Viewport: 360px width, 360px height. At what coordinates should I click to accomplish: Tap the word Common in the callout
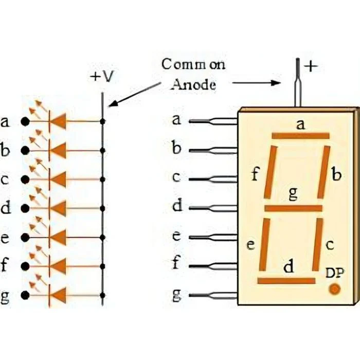coord(193,65)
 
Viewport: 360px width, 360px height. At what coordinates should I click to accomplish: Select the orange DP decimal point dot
coord(334,289)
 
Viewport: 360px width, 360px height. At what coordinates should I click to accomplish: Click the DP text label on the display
coord(335,273)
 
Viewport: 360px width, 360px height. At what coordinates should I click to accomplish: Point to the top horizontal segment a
coord(301,136)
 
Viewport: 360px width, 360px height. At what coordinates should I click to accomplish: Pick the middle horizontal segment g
coord(293,208)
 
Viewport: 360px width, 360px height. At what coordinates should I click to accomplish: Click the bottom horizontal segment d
coord(286,281)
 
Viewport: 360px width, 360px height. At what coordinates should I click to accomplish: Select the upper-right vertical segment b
coord(324,172)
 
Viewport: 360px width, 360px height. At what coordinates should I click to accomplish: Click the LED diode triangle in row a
coord(59,121)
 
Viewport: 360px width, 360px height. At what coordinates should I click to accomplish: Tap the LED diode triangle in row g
coord(59,296)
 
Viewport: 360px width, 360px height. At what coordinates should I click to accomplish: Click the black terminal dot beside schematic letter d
coord(24,209)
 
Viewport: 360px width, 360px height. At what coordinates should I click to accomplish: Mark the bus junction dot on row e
coord(103,238)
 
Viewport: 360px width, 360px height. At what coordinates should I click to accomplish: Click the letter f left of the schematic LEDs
coord(5,266)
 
